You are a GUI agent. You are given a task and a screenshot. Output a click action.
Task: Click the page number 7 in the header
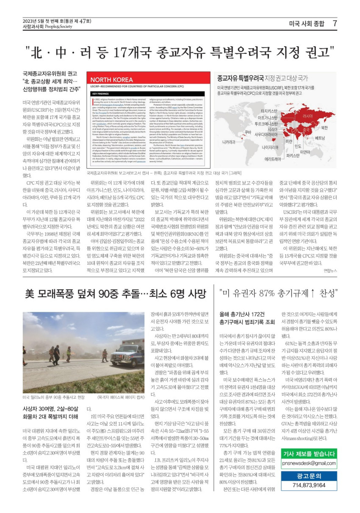(x=335, y=24)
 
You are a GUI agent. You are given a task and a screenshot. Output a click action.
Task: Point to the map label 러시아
(x=308, y=116)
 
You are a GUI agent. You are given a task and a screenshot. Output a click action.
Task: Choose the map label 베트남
(x=332, y=138)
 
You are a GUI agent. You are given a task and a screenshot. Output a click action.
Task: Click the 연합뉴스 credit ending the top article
(x=330, y=270)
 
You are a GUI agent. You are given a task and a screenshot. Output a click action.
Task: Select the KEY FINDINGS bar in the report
(x=100, y=93)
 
